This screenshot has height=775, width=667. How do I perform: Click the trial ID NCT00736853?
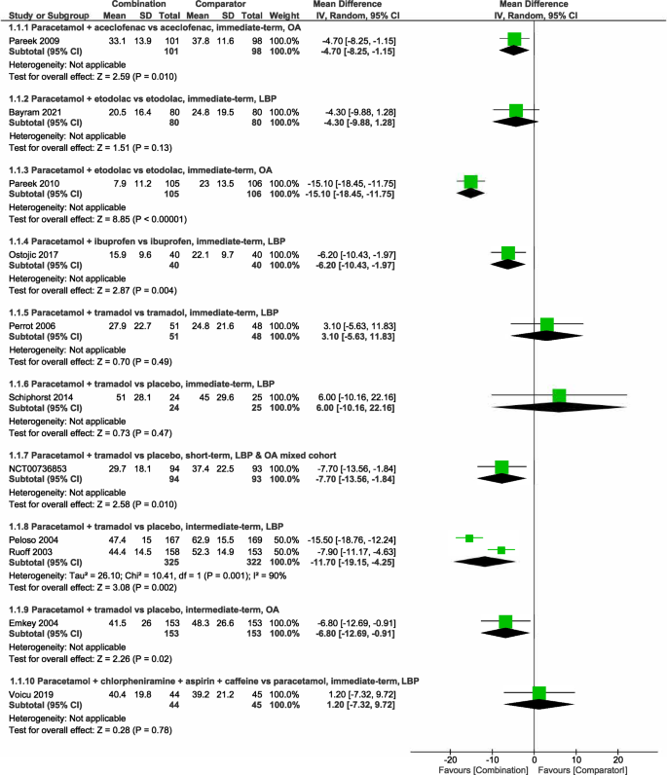pyautogui.click(x=37, y=466)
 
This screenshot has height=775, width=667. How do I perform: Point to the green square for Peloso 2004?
pyautogui.click(x=469, y=537)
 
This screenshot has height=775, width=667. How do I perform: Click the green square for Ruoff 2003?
pyautogui.click(x=501, y=550)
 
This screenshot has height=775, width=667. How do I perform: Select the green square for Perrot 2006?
pyautogui.click(x=546, y=323)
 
